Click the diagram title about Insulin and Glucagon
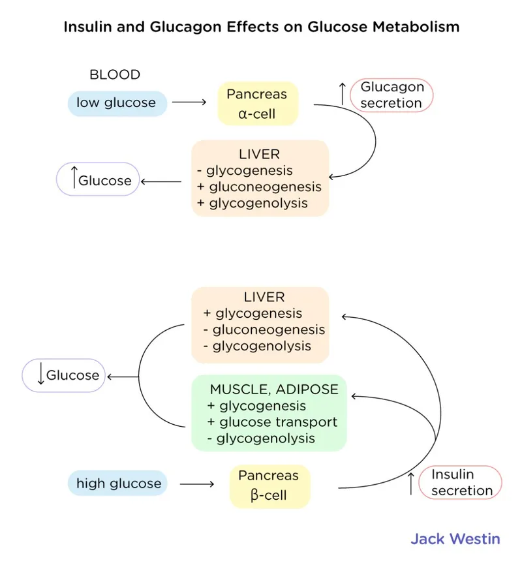261,27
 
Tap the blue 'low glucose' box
116,103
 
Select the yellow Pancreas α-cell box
257,104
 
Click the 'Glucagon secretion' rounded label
391,95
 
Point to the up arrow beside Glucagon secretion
341,95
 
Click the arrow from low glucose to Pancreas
189,103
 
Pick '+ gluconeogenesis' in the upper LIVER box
259,187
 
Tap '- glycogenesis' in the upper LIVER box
245,171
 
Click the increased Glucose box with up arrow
98,179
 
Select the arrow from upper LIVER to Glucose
161,181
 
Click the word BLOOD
115,74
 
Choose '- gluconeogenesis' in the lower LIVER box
264,330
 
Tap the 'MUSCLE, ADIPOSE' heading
274,390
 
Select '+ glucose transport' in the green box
272,422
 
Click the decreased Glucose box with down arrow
64,375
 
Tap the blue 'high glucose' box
118,484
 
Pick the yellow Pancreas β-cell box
269,486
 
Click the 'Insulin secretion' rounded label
461,483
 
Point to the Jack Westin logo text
455,539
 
